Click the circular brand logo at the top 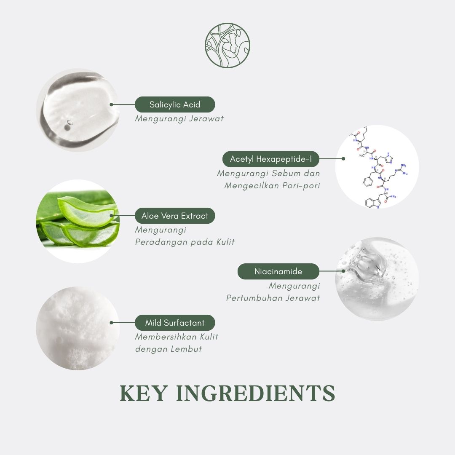tap(227, 45)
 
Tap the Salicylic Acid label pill tap(175, 104)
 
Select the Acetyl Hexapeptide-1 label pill tap(271, 159)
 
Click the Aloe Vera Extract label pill tap(175, 216)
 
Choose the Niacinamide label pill tap(278, 271)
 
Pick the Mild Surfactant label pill tap(175, 323)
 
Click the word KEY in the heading tap(144, 393)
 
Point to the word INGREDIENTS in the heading tap(256, 393)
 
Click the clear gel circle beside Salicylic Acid tap(78, 110)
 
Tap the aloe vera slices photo tap(78, 222)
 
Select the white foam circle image tap(78, 328)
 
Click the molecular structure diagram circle tap(377, 167)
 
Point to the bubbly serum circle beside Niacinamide tap(377, 279)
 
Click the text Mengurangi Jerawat tap(179, 119)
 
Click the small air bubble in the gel tap(70, 123)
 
